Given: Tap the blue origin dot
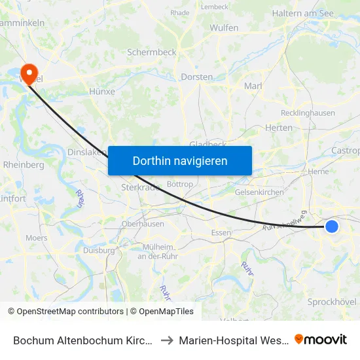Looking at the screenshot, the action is coord(332,226).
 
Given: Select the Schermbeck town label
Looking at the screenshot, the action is coord(152,52).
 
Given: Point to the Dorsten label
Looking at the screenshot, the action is coord(196,77).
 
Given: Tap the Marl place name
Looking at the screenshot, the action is coord(253,86).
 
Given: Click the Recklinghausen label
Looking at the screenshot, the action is coord(307,113).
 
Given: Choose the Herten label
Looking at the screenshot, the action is coord(279,128).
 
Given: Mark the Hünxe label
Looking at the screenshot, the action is coord(101,92).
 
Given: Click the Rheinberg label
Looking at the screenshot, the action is coord(24,165).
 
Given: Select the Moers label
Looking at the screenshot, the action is coord(37,238).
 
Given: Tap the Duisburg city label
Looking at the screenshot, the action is coord(99,250).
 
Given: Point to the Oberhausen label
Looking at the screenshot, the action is coord(143,224).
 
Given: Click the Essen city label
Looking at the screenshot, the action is coord(221,232).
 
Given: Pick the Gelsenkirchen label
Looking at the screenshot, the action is coord(259,192).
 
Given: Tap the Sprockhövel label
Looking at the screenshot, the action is coord(331,302).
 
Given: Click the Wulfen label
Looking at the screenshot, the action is coord(224,28).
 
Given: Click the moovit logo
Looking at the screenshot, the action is coord(321,339).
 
